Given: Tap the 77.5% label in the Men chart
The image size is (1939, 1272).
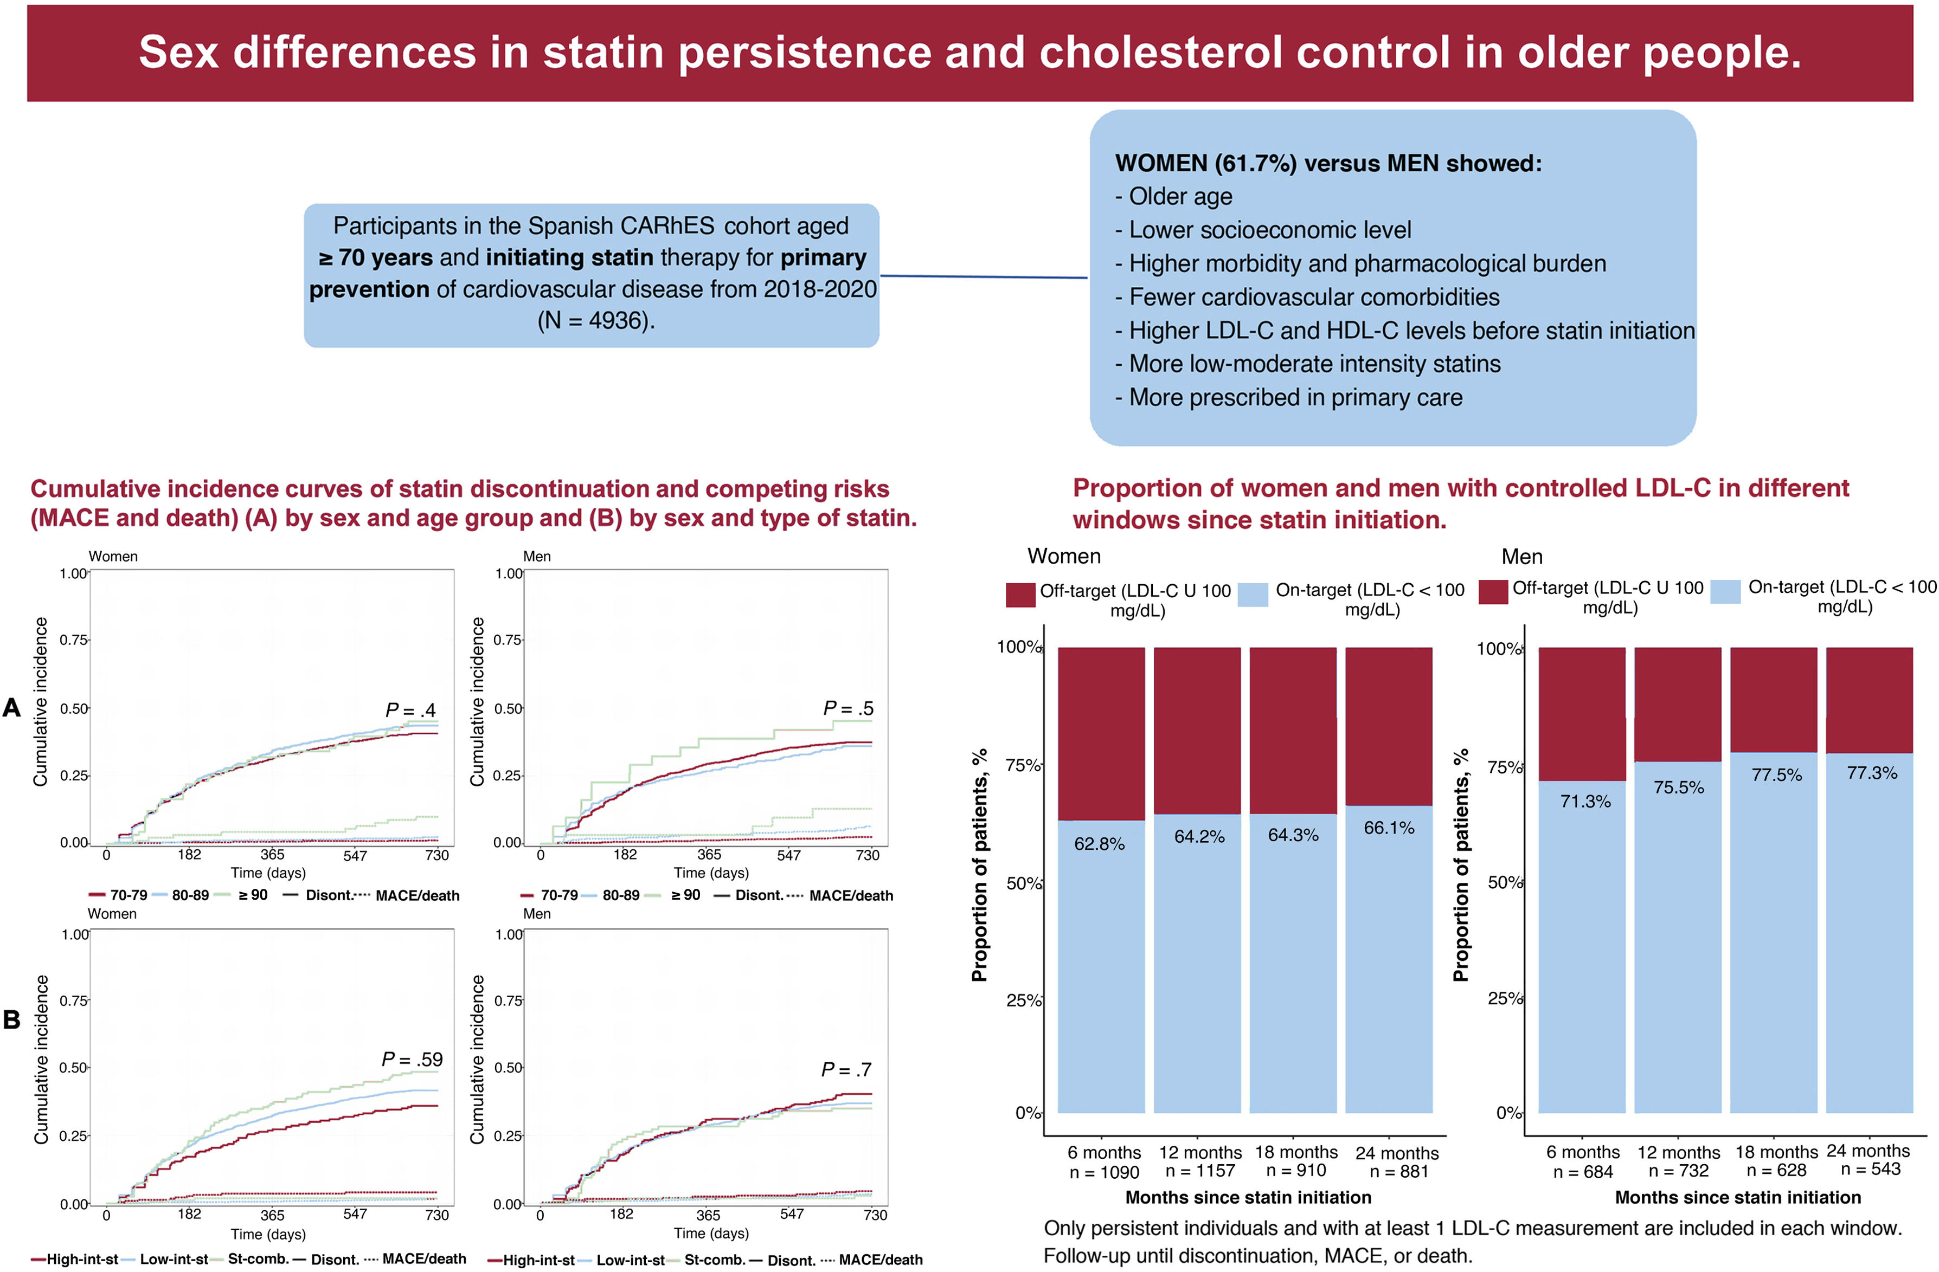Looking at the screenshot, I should tap(1776, 774).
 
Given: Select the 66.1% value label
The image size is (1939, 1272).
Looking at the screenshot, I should tap(1389, 828).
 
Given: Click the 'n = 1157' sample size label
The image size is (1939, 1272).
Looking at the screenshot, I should tap(1200, 1171).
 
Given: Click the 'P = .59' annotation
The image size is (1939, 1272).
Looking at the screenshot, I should tap(412, 1060).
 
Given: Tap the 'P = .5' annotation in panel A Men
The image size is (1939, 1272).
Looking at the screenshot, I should tap(847, 708).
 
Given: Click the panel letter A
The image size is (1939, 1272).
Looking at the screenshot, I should tap(11, 707).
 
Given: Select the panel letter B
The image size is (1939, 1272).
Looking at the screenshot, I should tap(11, 1019).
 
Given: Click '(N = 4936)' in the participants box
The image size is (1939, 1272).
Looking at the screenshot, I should tap(595, 320).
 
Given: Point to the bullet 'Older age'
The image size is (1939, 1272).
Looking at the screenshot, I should tap(1180, 196).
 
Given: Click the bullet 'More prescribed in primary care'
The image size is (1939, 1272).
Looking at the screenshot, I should tap(1295, 397).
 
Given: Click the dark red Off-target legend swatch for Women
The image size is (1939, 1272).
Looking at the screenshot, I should tap(1020, 595).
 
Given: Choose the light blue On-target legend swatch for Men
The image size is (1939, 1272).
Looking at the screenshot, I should tap(1725, 591).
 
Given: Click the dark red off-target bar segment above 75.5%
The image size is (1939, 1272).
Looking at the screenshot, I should tap(1678, 705).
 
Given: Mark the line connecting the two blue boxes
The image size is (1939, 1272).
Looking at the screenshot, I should tap(984, 277).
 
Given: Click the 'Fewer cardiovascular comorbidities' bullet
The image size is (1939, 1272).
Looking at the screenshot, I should tap(1313, 297).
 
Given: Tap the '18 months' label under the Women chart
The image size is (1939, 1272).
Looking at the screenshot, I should tap(1295, 1152).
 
